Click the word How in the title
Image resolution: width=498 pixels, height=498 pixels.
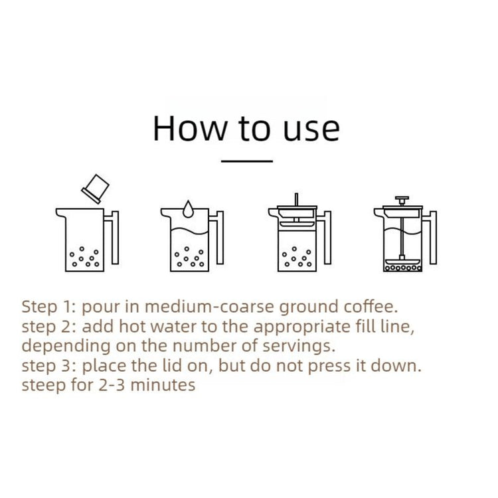(190, 128)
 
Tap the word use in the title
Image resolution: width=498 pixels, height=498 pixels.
(311, 131)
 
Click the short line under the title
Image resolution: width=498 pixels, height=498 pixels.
(247, 161)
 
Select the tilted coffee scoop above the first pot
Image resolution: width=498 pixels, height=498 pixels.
(95, 189)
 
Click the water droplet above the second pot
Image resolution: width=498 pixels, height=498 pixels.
(188, 209)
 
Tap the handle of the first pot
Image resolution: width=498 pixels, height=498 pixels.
(115, 238)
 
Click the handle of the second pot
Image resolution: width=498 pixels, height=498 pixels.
(220, 238)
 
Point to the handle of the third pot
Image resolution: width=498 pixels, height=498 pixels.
(327, 238)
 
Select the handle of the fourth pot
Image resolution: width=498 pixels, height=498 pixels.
(433, 238)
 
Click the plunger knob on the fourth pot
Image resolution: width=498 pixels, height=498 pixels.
(402, 200)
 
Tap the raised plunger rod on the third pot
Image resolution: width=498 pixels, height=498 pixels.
(296, 199)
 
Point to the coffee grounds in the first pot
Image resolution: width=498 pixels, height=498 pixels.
(84, 257)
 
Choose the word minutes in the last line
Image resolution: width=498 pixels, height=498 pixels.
(163, 385)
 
